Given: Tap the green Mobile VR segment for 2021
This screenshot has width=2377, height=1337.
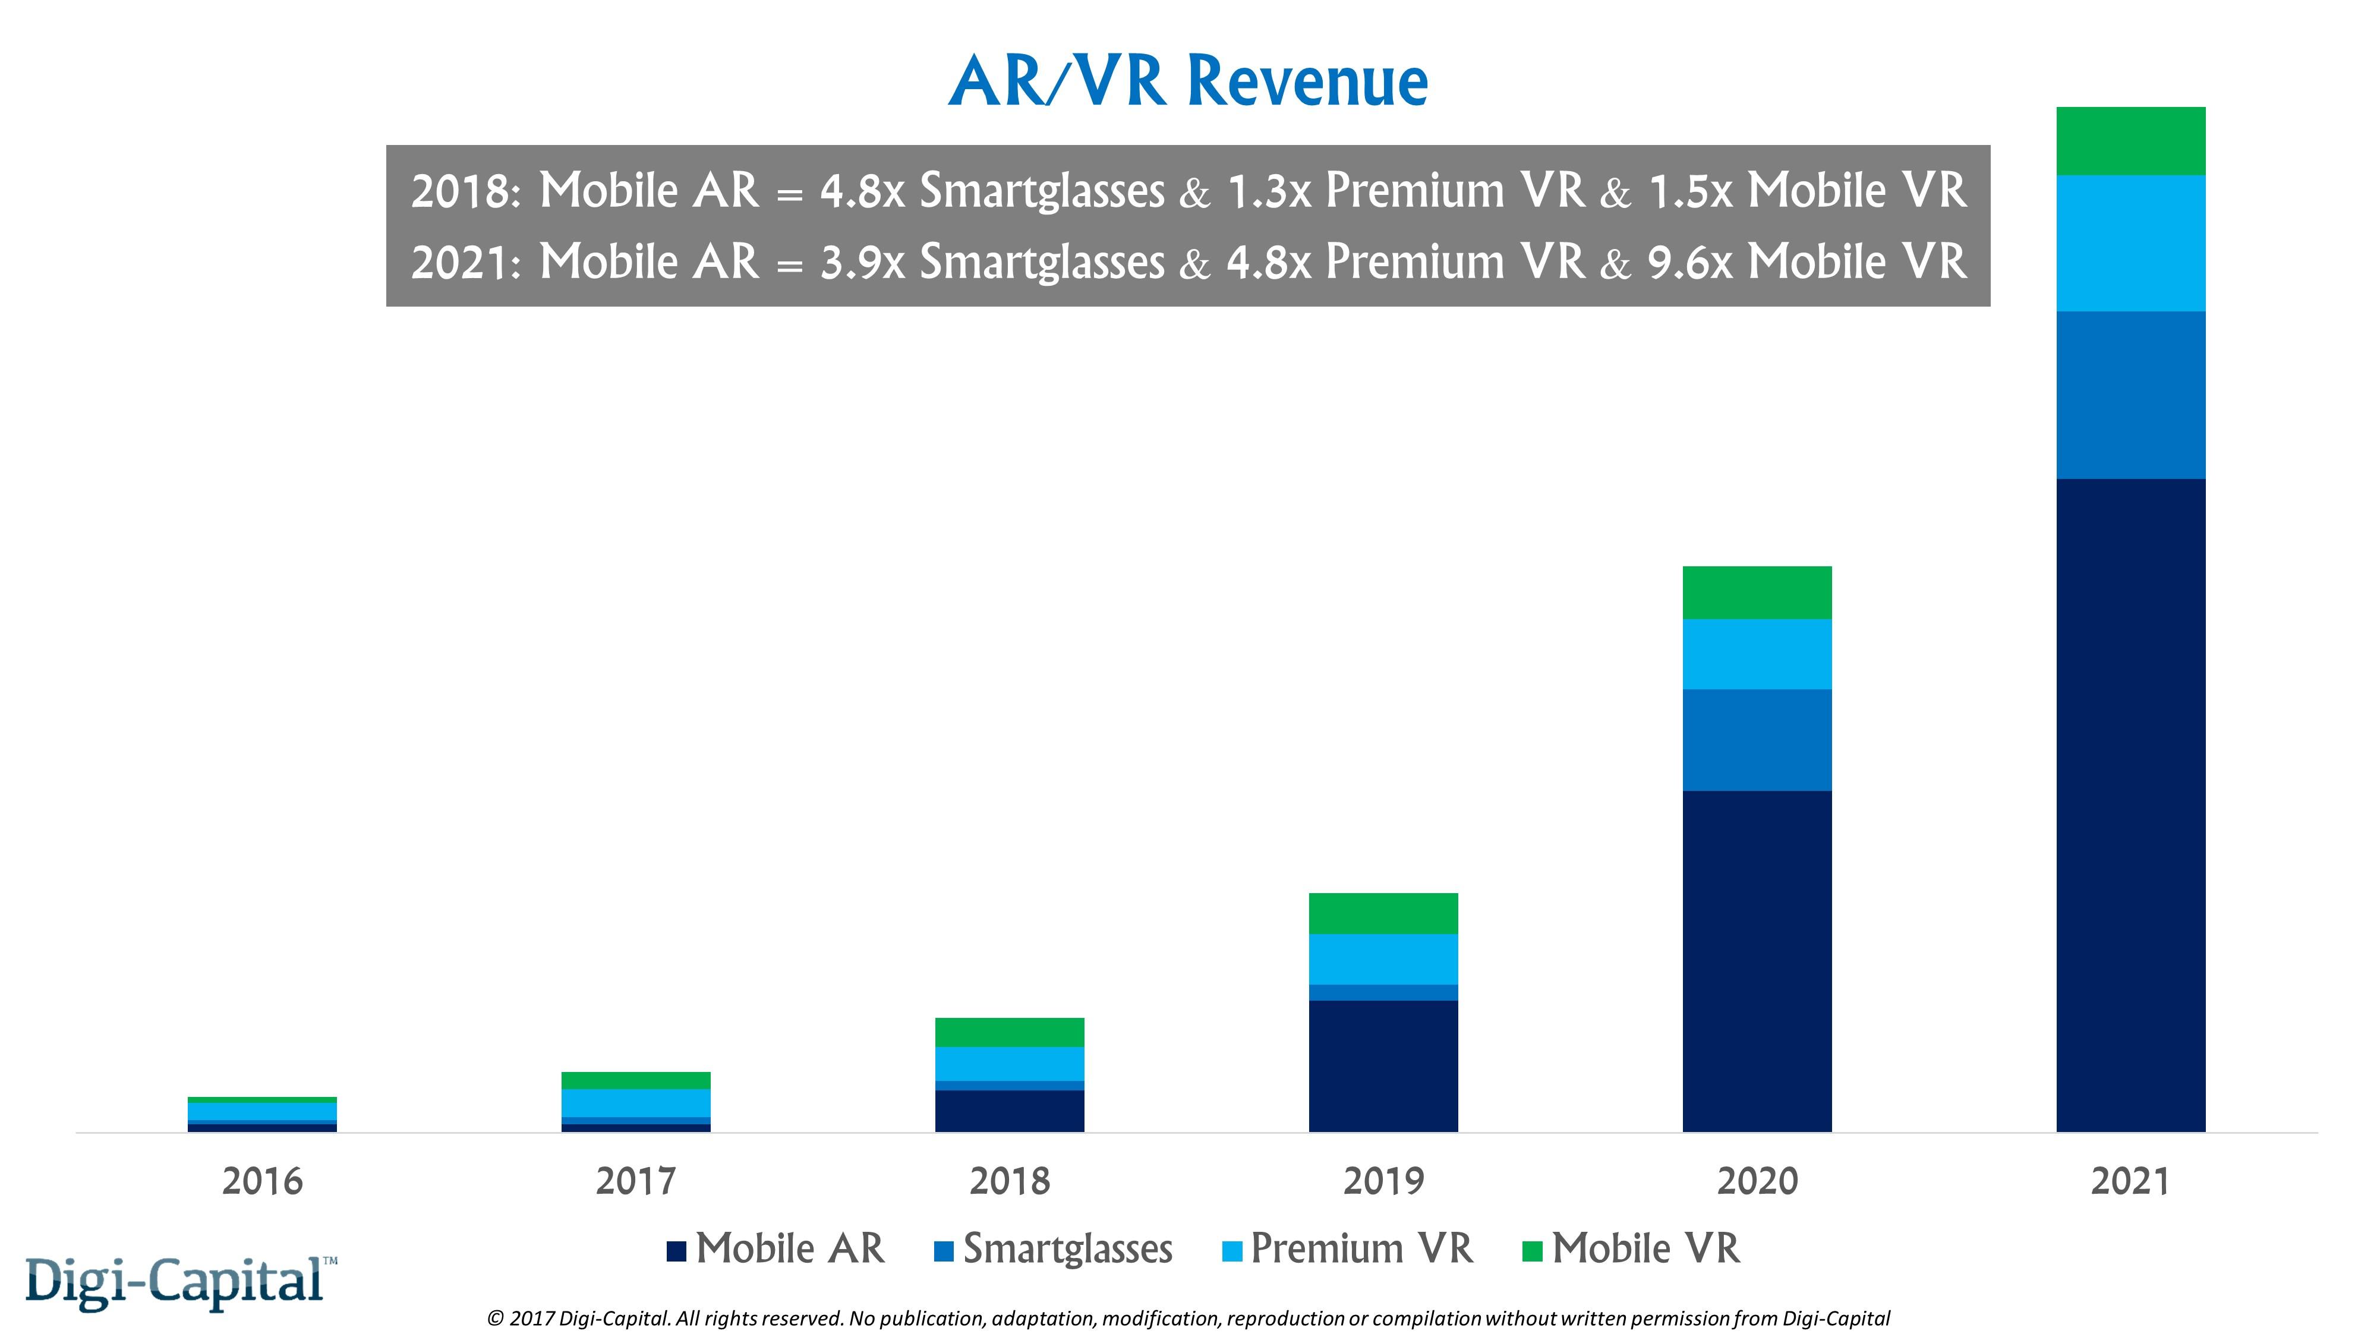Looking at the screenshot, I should click(x=2130, y=141).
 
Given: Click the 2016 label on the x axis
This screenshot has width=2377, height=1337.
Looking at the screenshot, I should click(x=262, y=1182).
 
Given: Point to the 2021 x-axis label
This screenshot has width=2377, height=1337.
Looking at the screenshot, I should click(x=2130, y=1182).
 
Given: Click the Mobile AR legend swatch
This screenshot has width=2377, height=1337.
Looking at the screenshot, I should click(x=676, y=1252).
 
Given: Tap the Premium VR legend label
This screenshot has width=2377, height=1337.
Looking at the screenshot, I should click(x=1361, y=1249).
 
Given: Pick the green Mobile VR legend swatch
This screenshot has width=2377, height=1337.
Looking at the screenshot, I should click(x=1532, y=1252).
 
